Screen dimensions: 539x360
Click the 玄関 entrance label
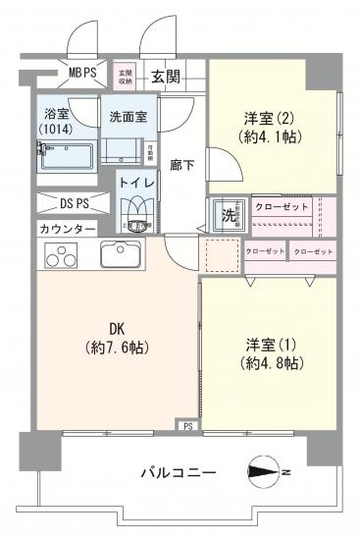pyautogui.click(x=166, y=76)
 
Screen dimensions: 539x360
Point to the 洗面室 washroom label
pyautogui.click(x=127, y=115)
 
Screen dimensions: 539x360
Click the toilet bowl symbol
pyautogui.click(x=134, y=215)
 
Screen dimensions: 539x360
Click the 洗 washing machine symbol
pyautogui.click(x=226, y=216)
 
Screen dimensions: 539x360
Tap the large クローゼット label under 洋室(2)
pyautogui.click(x=282, y=207)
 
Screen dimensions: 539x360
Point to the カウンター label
pyautogui.click(x=67, y=229)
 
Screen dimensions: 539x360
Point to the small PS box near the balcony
pyautogui.click(x=186, y=425)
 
